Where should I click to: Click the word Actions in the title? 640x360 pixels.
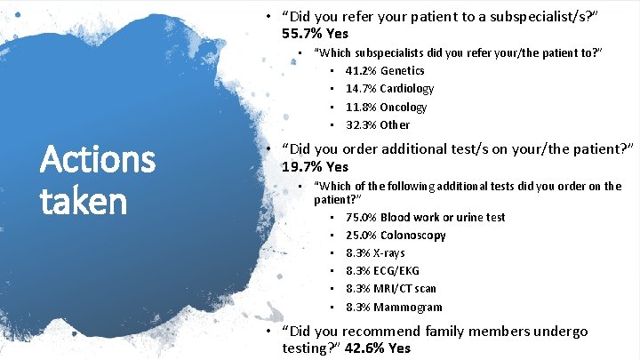click(99, 162)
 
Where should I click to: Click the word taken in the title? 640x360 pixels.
click(84, 202)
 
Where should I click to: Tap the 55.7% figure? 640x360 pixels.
click(301, 35)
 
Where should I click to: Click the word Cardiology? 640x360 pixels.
click(407, 89)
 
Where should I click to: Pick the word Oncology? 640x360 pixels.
click(404, 107)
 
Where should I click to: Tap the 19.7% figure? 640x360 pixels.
click(301, 166)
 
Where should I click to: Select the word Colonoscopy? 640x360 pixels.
click(413, 236)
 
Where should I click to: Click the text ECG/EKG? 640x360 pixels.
click(396, 271)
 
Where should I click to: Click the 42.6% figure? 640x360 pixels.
click(362, 348)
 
